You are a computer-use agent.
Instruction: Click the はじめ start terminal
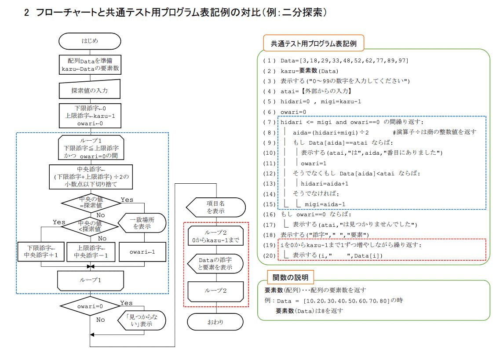tap(90, 41)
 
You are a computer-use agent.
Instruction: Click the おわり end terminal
tap(215, 322)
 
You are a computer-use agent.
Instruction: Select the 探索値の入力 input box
tap(90, 89)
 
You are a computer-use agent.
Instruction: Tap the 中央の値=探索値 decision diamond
tap(91, 203)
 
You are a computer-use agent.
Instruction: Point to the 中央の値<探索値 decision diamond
tap(90, 226)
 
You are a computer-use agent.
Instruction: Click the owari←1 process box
tap(142, 252)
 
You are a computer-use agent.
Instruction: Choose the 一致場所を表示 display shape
tap(142, 223)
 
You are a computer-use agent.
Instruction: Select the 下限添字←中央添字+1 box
tap(41, 251)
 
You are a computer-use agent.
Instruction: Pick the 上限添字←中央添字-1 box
tap(91, 251)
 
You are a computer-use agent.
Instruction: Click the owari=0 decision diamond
tap(90, 306)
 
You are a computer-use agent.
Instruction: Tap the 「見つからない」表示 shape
tap(142, 320)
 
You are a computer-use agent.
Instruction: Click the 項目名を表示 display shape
tap(215, 207)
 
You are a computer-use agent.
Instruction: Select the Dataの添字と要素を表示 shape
tap(215, 264)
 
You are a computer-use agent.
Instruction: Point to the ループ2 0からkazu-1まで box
tap(215, 236)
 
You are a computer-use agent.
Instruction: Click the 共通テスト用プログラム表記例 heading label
tap(314, 43)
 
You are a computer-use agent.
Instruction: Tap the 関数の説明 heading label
tap(290, 277)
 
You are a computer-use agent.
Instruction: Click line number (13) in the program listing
tap(269, 184)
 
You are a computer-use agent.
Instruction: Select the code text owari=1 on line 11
tap(314, 163)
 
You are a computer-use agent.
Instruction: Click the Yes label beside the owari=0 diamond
tap(126, 303)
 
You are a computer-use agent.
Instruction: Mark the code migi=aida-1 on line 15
tap(325, 204)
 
